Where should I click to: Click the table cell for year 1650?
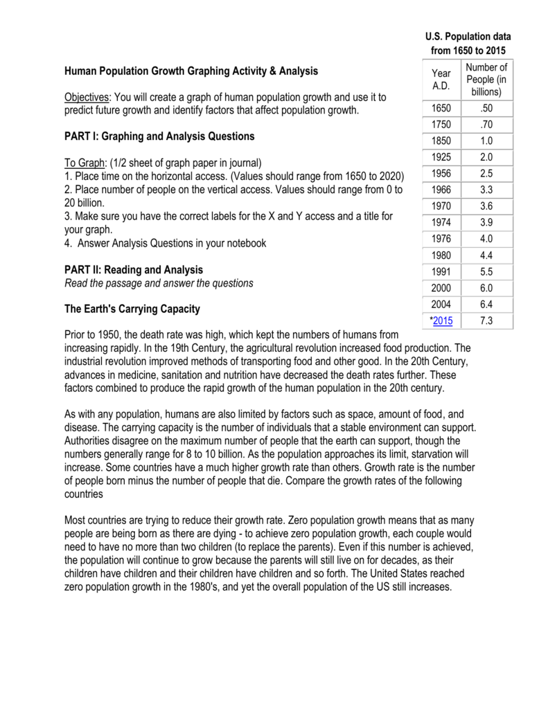point(440,109)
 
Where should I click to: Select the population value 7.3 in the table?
point(486,321)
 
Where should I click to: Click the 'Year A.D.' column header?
point(440,80)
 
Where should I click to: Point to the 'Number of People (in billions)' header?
point(486,80)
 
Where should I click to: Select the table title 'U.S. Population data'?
point(468,36)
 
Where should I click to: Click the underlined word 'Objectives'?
point(87,97)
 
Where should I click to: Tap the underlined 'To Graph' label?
point(84,163)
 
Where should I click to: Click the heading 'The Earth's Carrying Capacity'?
point(132,309)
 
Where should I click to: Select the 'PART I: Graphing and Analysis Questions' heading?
point(159,136)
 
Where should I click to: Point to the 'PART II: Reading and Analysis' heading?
point(134,269)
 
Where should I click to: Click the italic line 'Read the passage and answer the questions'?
point(159,282)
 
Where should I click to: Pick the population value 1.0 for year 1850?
point(486,141)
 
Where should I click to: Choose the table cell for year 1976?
point(440,239)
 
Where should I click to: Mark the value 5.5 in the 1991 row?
point(486,272)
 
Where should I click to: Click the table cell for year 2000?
point(440,288)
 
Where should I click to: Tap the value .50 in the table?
point(486,109)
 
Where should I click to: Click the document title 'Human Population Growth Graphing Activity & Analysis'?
point(191,71)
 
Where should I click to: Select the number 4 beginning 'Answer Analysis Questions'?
point(67,243)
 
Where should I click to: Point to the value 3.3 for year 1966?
point(486,189)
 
